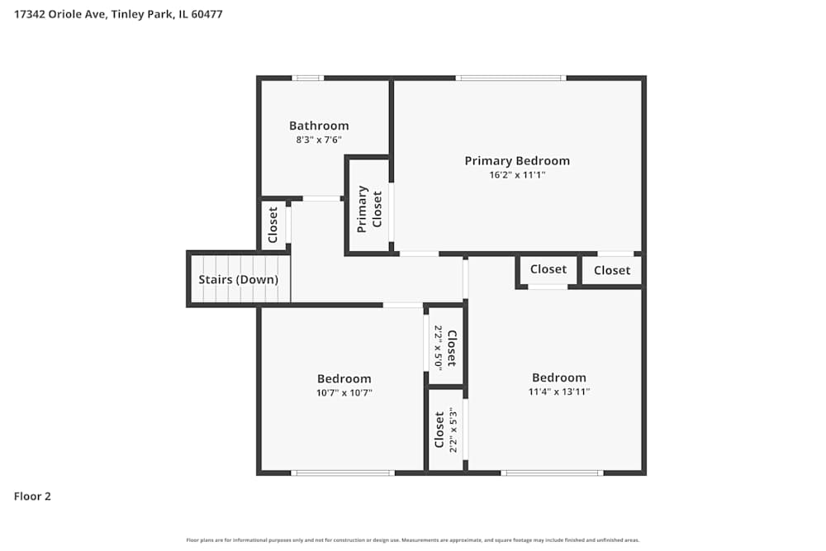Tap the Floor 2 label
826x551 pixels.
(33, 496)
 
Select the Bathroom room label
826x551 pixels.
(319, 126)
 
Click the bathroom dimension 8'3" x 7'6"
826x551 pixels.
(319, 140)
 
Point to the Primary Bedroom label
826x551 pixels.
(517, 161)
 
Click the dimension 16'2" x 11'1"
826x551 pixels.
(517, 175)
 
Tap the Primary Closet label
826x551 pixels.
(369, 208)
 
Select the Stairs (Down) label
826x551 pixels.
(238, 279)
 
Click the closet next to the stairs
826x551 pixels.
(273, 224)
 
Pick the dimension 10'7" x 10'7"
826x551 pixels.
(344, 393)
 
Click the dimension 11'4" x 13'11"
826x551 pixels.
(559, 392)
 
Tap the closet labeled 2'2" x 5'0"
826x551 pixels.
(446, 347)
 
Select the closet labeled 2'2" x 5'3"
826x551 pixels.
(446, 430)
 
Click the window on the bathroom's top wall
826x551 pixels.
(308, 78)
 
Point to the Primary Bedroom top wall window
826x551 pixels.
(512, 78)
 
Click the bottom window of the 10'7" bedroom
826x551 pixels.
(343, 473)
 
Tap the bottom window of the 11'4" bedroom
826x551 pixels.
(552, 473)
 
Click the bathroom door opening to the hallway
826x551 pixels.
(321, 198)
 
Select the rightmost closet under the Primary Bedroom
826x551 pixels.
(612, 270)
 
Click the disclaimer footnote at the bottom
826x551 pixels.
(413, 540)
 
